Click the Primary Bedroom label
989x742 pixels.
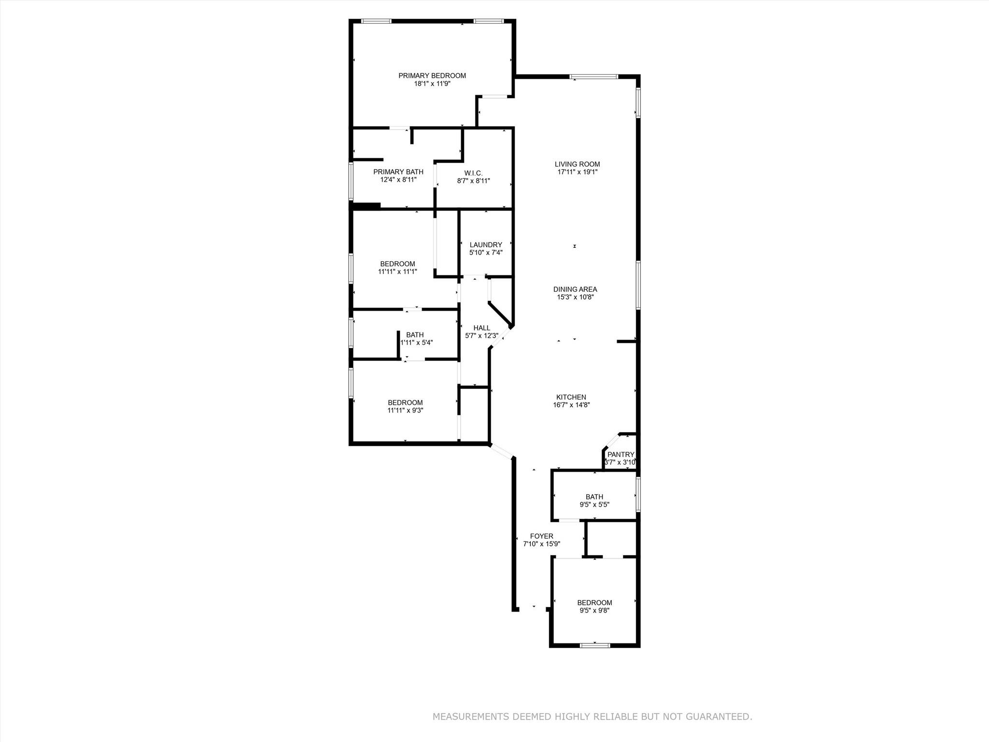click(x=432, y=75)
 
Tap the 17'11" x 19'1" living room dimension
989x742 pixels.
click(x=577, y=172)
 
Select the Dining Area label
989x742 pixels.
click(x=575, y=289)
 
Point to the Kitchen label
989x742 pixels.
click(x=571, y=397)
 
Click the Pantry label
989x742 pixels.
click(x=621, y=455)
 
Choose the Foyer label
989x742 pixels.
click(x=541, y=536)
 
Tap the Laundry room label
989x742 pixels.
click(x=486, y=245)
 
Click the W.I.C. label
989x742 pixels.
click(x=473, y=173)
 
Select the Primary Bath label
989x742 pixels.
click(x=398, y=172)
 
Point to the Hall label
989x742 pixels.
click(x=481, y=328)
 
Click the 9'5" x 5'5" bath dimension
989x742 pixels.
click(x=594, y=505)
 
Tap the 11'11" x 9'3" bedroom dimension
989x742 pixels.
click(x=405, y=411)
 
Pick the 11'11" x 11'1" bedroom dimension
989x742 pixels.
click(x=397, y=271)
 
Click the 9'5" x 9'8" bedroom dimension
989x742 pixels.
click(x=594, y=611)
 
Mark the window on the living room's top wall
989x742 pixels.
click(x=593, y=76)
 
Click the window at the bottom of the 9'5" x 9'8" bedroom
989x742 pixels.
click(x=594, y=645)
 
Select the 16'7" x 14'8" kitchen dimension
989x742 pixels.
click(x=571, y=405)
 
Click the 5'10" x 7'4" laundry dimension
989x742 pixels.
click(x=486, y=253)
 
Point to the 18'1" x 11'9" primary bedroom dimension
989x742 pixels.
click(x=432, y=84)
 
